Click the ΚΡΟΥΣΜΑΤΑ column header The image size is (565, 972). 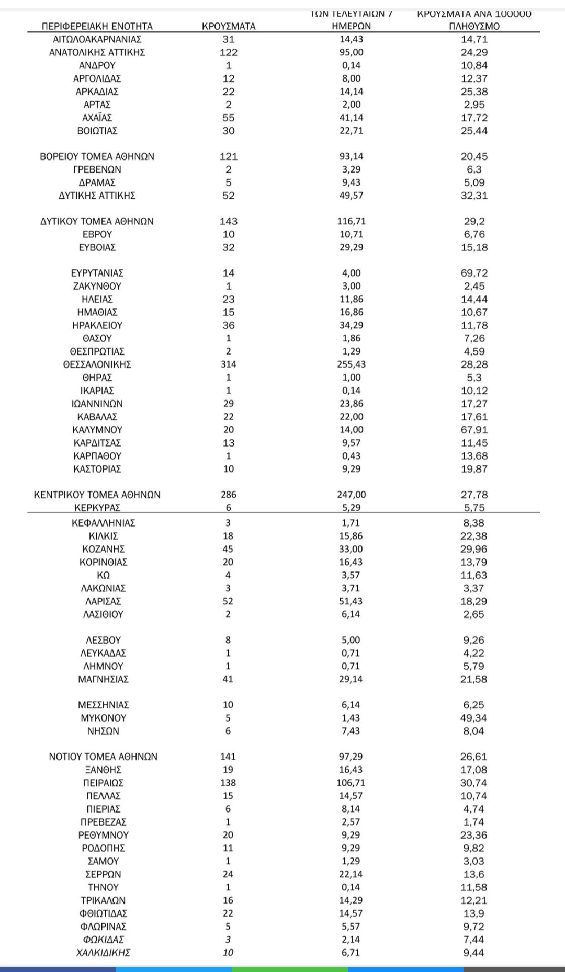pyautogui.click(x=229, y=26)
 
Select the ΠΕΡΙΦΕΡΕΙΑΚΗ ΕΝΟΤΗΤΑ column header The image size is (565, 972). pyautogui.click(x=97, y=26)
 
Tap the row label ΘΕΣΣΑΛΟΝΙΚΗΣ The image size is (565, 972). pyautogui.click(x=97, y=364)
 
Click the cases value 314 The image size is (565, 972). pyautogui.click(x=229, y=364)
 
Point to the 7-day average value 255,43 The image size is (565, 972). pyautogui.click(x=352, y=364)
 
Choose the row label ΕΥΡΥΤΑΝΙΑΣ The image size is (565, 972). pyautogui.click(x=97, y=273)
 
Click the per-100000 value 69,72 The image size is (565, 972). pyautogui.click(x=474, y=273)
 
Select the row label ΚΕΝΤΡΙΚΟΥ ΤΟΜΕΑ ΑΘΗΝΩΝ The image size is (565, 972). pyautogui.click(x=97, y=495)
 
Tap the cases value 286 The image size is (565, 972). pyautogui.click(x=229, y=495)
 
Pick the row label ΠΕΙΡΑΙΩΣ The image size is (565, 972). pyautogui.click(x=103, y=783)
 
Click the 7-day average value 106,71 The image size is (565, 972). pyautogui.click(x=351, y=783)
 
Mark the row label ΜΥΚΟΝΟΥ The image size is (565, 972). pyautogui.click(x=103, y=718)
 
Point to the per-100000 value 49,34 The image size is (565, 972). pyautogui.click(x=473, y=718)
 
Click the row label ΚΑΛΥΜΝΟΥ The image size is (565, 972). pyautogui.click(x=97, y=430)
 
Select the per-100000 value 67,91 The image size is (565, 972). pyautogui.click(x=474, y=430)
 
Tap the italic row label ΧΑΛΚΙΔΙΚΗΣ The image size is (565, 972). pyautogui.click(x=103, y=953)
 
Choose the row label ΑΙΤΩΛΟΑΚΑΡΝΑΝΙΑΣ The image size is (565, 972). pyautogui.click(x=97, y=39)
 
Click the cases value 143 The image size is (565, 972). pyautogui.click(x=229, y=221)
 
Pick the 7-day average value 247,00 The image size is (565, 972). pyautogui.click(x=352, y=495)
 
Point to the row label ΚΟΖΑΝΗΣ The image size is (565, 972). pyautogui.click(x=103, y=549)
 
